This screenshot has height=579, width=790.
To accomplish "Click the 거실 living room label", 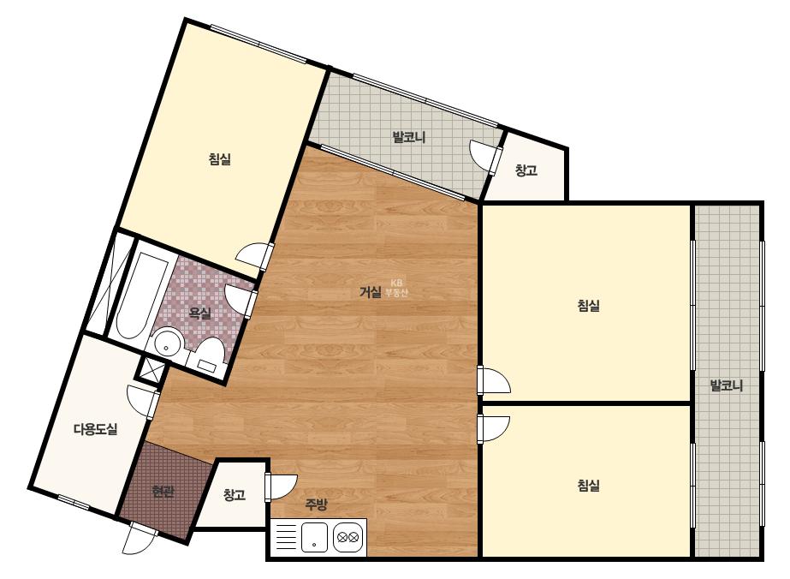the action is (x=371, y=292).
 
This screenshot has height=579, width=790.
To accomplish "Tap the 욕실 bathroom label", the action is (x=199, y=313).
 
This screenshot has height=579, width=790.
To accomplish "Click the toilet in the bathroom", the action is (x=210, y=354).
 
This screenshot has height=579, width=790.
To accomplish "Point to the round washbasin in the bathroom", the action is (x=168, y=343).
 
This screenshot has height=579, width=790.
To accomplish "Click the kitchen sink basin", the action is (x=314, y=538).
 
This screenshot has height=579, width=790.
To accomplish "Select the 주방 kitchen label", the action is (x=316, y=504).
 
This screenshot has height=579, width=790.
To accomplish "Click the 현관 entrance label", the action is (x=163, y=492).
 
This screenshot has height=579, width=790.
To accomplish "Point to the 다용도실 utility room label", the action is (x=95, y=429).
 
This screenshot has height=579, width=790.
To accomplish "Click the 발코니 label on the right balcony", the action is (x=726, y=385).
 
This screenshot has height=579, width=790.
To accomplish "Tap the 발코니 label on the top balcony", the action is (x=409, y=137).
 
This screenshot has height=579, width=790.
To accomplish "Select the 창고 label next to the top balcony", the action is (x=526, y=170).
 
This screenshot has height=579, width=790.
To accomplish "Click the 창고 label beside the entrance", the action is (x=235, y=495).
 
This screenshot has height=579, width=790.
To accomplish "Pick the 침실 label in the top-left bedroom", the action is (x=220, y=159).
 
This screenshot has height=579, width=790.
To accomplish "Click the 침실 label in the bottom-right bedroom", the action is (x=588, y=486).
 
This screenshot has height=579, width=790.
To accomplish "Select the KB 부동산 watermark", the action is (x=396, y=288).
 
